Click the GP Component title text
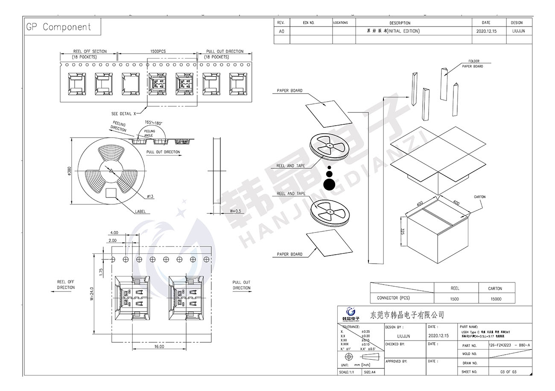point(58,27)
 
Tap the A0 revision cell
point(281,31)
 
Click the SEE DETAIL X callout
point(123,114)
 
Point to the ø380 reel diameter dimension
point(69,171)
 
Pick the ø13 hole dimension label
point(150,197)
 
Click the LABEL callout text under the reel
point(140,212)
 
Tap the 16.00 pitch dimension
point(159,347)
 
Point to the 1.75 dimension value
point(101,272)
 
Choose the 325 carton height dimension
point(403,232)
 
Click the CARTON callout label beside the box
point(479,197)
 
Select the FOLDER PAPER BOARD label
point(473,64)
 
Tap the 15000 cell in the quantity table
point(495,299)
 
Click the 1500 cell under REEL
point(455,299)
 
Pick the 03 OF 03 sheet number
point(508,372)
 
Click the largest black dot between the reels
point(329,184)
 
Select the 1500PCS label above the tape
point(158,51)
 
